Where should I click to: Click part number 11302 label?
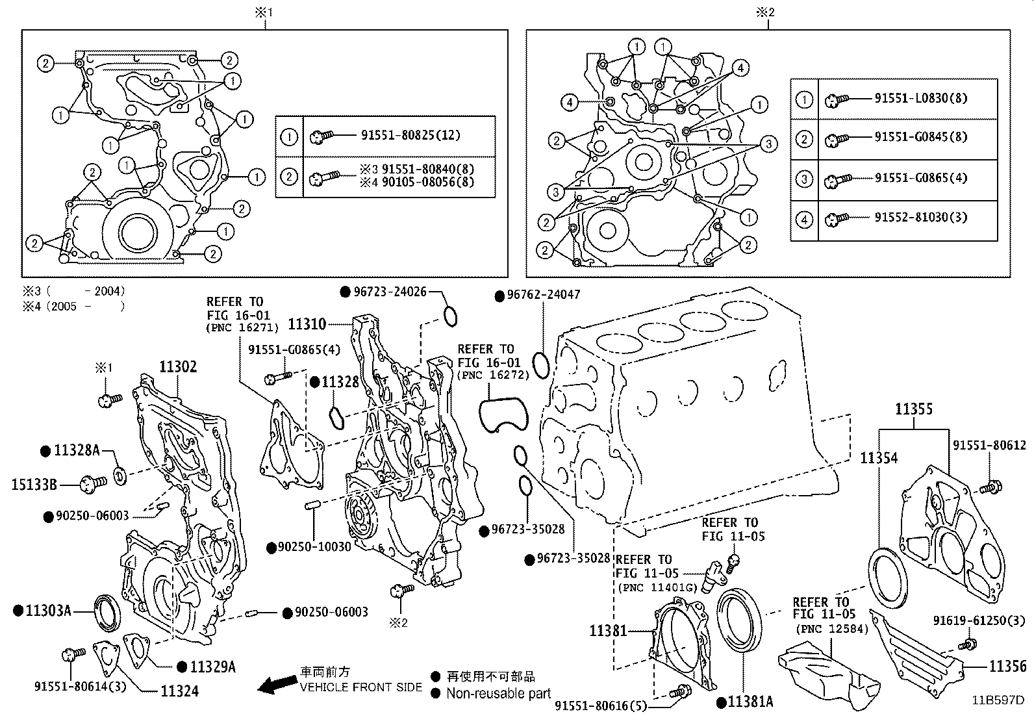pyautogui.click(x=177, y=367)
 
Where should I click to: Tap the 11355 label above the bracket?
pyautogui.click(x=913, y=409)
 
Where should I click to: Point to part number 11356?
pyautogui.click(x=1008, y=666)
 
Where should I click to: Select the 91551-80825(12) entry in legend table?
pyautogui.click(x=410, y=135)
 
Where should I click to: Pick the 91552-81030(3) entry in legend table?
pyautogui.click(x=920, y=217)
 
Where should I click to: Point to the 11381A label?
pyautogui.click(x=750, y=702)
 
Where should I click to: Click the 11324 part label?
pyautogui.click(x=179, y=691)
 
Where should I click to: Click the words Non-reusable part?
pyautogui.click(x=498, y=694)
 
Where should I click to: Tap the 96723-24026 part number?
pyautogui.click(x=390, y=292)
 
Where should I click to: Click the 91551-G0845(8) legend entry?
pyautogui.click(x=920, y=137)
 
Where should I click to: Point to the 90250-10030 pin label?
pyautogui.click(x=314, y=547)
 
